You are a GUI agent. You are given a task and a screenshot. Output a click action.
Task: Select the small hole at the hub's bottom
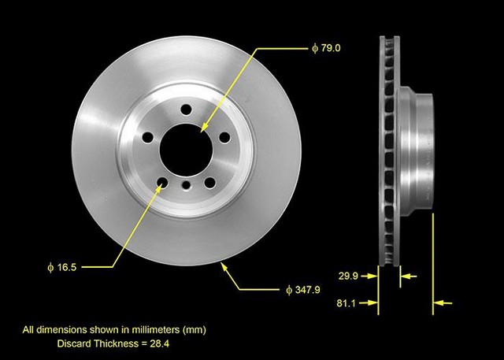(x=186, y=184)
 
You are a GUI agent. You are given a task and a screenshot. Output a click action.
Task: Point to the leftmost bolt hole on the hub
(x=146, y=138)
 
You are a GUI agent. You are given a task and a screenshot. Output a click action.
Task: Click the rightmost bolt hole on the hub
(x=224, y=138)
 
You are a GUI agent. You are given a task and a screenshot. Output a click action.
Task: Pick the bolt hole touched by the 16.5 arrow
(x=161, y=184)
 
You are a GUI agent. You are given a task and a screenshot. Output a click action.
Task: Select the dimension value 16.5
(x=67, y=267)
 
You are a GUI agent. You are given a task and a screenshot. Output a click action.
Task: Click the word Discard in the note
(x=76, y=343)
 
